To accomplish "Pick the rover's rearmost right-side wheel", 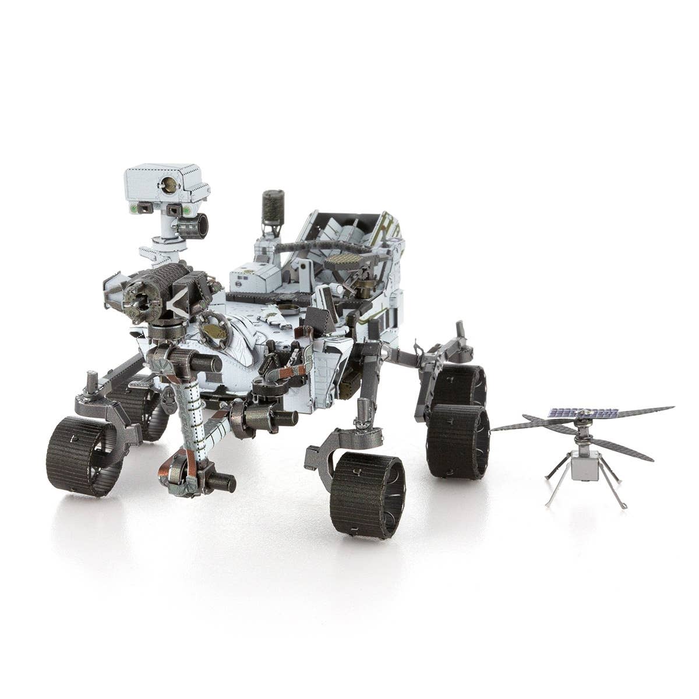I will pyautogui.click(x=460, y=386).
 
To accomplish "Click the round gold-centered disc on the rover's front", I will pyautogui.click(x=214, y=330).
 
